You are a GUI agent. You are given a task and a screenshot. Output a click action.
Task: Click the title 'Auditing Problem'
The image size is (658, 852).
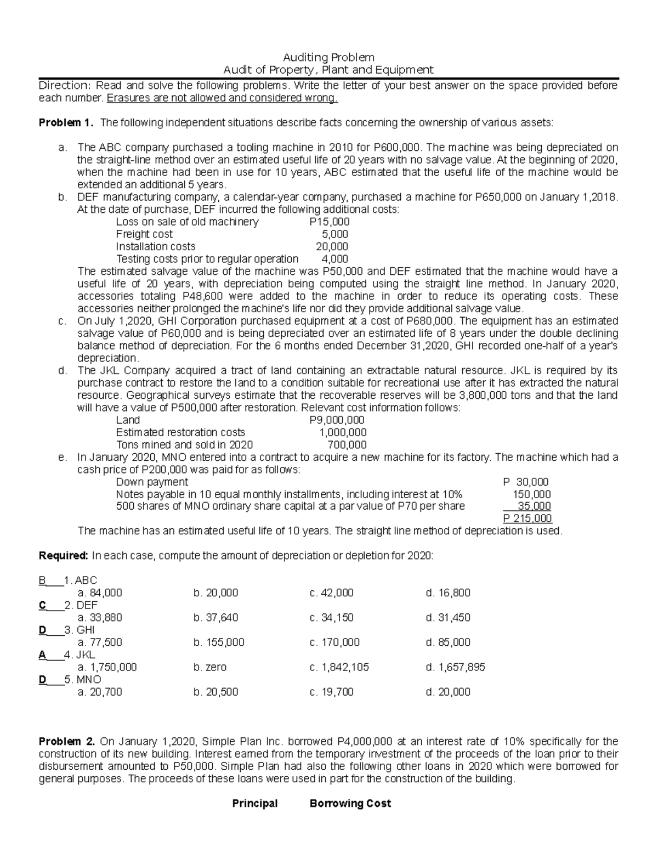coord(328,57)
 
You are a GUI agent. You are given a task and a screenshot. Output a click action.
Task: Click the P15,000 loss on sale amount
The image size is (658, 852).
coord(329,222)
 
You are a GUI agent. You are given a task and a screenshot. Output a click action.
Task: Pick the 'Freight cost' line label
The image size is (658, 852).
coord(144,234)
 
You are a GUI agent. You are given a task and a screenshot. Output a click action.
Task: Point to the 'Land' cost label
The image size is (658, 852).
coord(128,420)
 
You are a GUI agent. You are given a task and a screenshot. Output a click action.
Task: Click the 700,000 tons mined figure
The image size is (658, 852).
coord(347,444)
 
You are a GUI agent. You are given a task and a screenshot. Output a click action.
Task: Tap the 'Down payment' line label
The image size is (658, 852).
coord(152,482)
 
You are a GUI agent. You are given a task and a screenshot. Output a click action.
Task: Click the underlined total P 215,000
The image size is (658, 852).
coord(527,518)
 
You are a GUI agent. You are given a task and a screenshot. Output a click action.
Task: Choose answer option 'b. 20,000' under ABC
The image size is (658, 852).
coord(215,593)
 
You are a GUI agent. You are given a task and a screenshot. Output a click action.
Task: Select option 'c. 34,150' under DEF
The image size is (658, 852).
coord(331,617)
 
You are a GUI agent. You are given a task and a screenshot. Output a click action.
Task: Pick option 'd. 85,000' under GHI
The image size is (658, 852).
coord(447,642)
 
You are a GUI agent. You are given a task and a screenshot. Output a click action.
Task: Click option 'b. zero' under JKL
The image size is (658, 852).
coord(209,667)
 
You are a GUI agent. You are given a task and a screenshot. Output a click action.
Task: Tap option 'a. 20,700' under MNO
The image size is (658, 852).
coord(100,692)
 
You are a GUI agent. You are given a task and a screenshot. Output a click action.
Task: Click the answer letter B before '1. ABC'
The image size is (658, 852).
coord(42,580)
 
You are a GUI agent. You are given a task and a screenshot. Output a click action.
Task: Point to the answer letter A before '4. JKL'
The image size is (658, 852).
coord(42,654)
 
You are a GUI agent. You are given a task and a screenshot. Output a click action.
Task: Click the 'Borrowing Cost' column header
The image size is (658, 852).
coord(350,803)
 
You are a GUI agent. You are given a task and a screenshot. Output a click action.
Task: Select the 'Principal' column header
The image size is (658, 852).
coord(255,803)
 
